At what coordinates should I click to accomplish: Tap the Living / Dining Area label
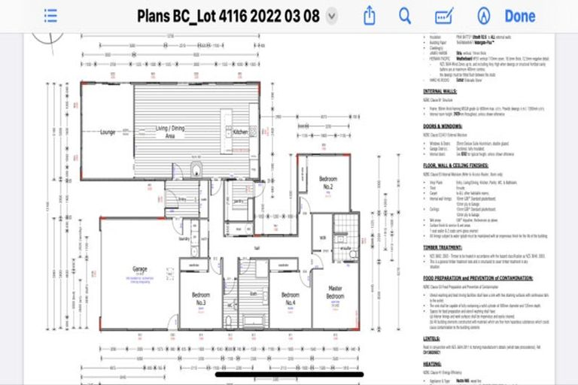point(170,132)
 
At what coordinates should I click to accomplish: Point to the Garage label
point(140,268)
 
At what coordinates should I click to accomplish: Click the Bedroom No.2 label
point(328,183)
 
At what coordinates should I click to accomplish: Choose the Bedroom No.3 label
point(199,299)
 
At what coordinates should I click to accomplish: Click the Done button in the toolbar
point(519,16)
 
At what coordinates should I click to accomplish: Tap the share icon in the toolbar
point(369,16)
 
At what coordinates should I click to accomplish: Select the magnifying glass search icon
point(405,16)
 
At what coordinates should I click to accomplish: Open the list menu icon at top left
point(50,16)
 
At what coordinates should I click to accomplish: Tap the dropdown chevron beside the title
point(332,16)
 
